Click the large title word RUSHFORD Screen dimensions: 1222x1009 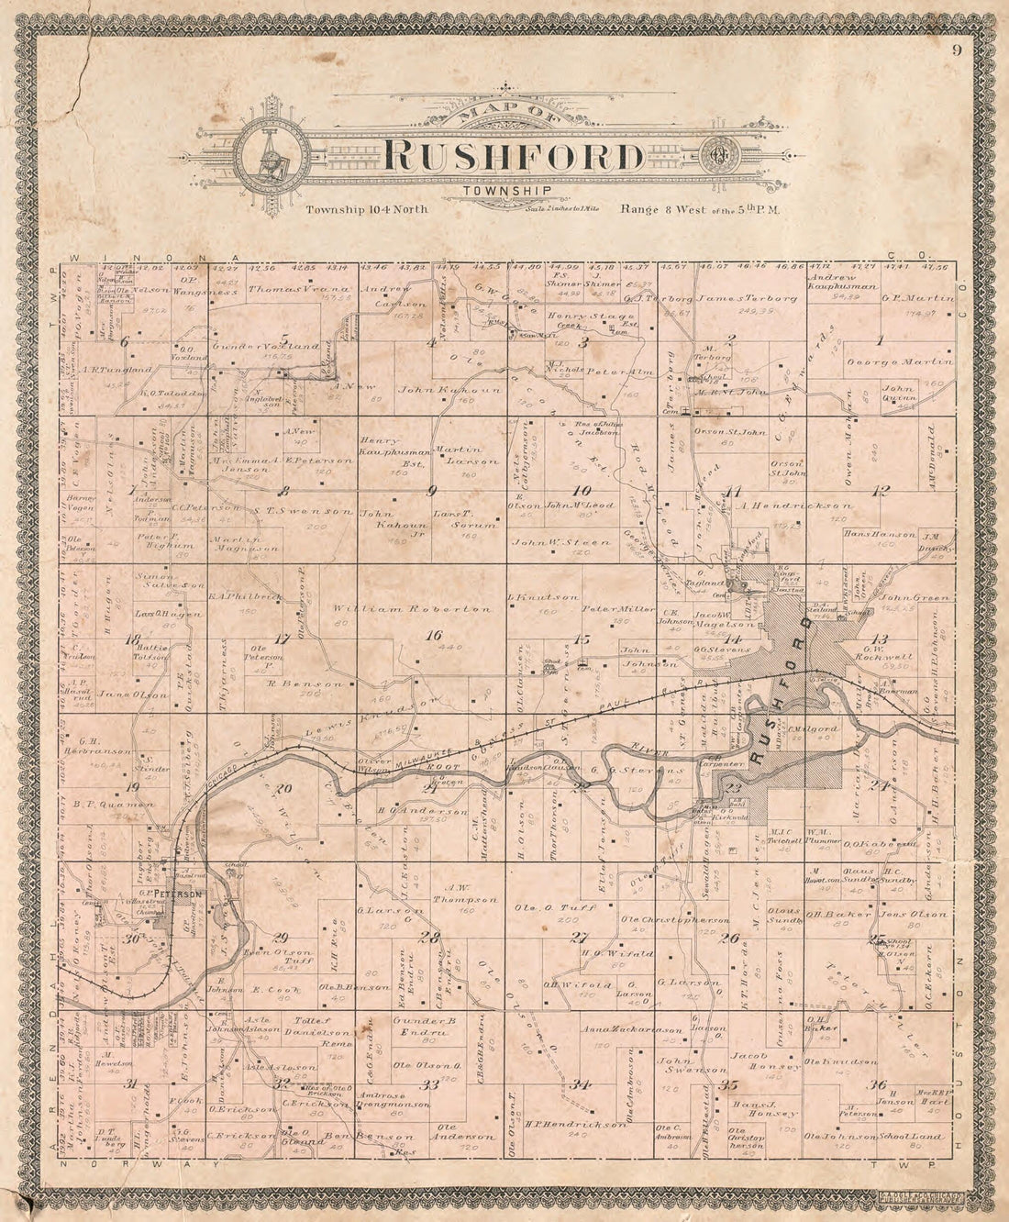[515, 156]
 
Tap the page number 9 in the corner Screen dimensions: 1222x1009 [956, 50]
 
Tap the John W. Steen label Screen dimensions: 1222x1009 [560, 543]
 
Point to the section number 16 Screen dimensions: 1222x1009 [433, 634]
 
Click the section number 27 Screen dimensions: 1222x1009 [578, 937]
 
